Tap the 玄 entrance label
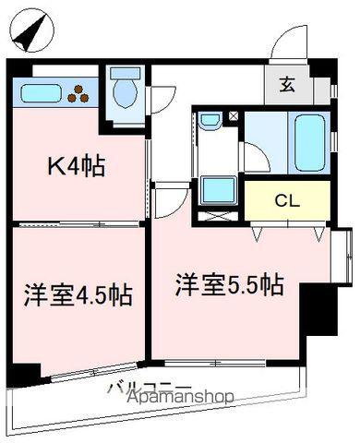point(287,86)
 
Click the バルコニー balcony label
point(149,388)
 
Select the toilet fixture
point(124,93)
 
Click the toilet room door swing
point(164,97)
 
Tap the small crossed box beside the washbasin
point(234,117)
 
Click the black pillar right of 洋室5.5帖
point(318,309)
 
